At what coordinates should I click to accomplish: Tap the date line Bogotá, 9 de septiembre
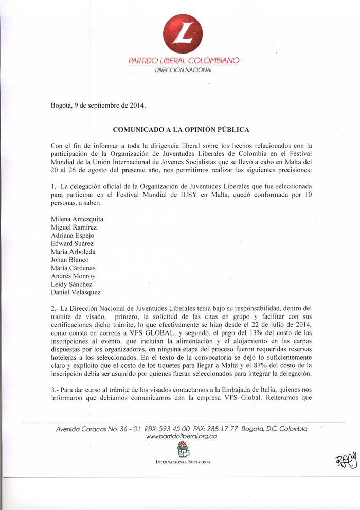[98, 106]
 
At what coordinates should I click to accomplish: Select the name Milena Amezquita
[77, 219]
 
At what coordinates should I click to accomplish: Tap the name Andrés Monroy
[73, 276]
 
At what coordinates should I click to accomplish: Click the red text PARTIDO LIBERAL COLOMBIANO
[184, 61]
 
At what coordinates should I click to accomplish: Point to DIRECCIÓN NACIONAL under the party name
[184, 70]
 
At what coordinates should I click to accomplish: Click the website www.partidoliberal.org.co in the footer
[181, 437]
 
